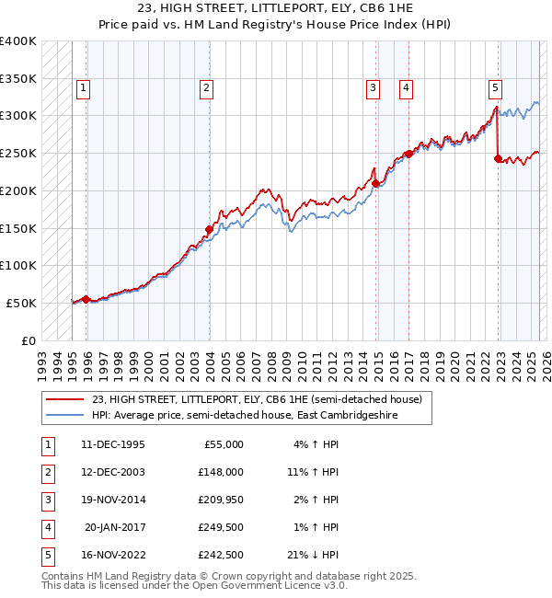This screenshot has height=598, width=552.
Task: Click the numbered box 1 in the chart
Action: coord(83,88)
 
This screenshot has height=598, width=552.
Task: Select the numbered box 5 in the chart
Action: coord(495,88)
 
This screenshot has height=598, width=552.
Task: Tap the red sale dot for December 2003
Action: coord(209,229)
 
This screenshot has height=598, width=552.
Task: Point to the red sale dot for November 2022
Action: coord(498,158)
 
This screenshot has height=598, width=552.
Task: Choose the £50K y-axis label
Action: coord(22,303)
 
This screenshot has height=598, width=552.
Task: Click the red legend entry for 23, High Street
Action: coord(257,399)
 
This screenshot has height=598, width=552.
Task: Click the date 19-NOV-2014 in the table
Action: coord(113,500)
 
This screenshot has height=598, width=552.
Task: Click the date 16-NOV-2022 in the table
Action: coord(113,555)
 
